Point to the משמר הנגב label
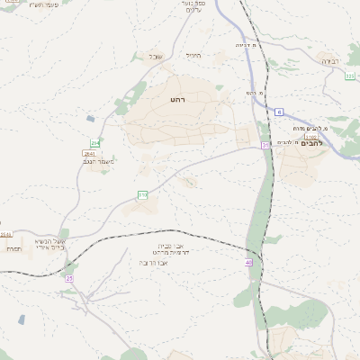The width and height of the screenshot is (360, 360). [x=94, y=162]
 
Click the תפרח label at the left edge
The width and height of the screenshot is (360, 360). [x=13, y=248]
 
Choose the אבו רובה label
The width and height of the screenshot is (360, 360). [x=155, y=263]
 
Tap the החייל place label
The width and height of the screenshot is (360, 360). [x=193, y=55]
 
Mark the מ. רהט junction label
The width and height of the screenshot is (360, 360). [x=255, y=93]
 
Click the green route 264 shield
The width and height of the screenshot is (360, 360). [x=94, y=143]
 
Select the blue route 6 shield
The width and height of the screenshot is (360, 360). [x=279, y=112]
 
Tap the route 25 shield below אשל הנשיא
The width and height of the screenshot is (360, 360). [x=68, y=278]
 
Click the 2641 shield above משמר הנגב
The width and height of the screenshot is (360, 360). [x=89, y=154]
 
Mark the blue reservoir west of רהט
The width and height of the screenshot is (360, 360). [x=90, y=118]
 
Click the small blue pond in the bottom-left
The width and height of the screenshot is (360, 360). [x=21, y=319]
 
